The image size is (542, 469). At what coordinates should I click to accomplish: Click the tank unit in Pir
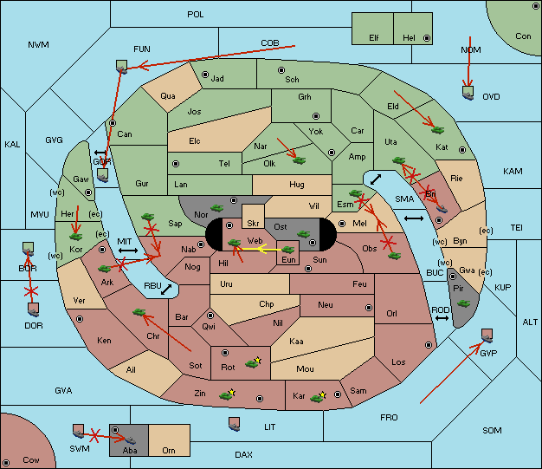[x=463, y=304]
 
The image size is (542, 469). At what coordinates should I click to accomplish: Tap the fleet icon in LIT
[x=235, y=424]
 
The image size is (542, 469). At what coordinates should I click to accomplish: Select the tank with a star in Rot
[x=253, y=362]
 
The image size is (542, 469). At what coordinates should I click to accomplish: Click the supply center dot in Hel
[x=427, y=38]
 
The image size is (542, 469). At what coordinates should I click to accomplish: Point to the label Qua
[x=168, y=96]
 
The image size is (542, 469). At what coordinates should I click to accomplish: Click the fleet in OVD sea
[x=468, y=93]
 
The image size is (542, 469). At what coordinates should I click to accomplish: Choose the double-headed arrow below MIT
[x=128, y=251]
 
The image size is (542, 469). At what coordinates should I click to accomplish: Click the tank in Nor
[x=217, y=208]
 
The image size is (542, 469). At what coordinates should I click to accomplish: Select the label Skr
[x=253, y=224]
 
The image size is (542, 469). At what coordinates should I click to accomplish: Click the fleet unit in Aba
[x=131, y=440]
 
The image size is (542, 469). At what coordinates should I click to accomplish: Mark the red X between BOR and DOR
[x=31, y=290]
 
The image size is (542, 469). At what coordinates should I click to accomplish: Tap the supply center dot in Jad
[x=205, y=75]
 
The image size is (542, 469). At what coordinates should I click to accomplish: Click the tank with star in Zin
[x=228, y=394]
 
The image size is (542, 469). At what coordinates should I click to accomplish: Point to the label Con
[x=523, y=36]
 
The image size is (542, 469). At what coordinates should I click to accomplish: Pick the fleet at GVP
[x=487, y=335]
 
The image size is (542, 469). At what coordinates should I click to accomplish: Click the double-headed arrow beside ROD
[x=442, y=318]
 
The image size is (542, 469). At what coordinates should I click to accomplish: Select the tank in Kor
[x=75, y=237]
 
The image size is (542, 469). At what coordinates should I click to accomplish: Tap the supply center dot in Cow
[x=6, y=463]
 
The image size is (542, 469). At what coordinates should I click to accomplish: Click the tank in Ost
[x=304, y=234]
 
